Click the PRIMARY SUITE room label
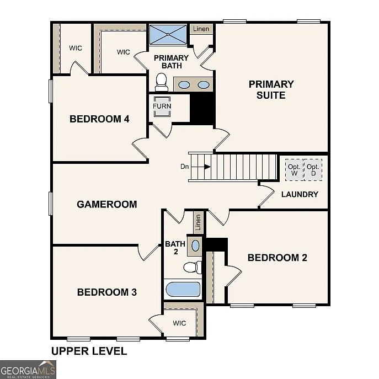(x=271, y=89)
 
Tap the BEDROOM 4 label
(x=99, y=119)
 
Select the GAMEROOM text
(x=106, y=204)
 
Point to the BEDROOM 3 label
(x=106, y=292)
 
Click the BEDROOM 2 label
(x=277, y=258)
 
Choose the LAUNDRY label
(x=300, y=194)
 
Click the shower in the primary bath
(x=168, y=35)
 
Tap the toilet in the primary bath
(x=162, y=83)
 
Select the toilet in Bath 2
(x=191, y=268)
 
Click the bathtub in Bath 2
(x=183, y=290)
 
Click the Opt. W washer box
(x=293, y=170)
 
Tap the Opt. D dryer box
(x=313, y=170)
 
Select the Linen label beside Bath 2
(x=197, y=223)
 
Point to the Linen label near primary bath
(x=201, y=29)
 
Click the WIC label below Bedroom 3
(x=179, y=323)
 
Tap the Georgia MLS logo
(x=28, y=369)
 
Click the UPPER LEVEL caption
(x=89, y=351)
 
